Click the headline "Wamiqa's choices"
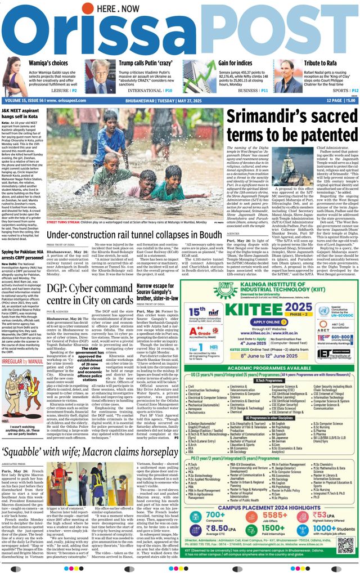48,64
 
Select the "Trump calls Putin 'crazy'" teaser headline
145,64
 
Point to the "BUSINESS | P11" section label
254,90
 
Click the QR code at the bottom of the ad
345,545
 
